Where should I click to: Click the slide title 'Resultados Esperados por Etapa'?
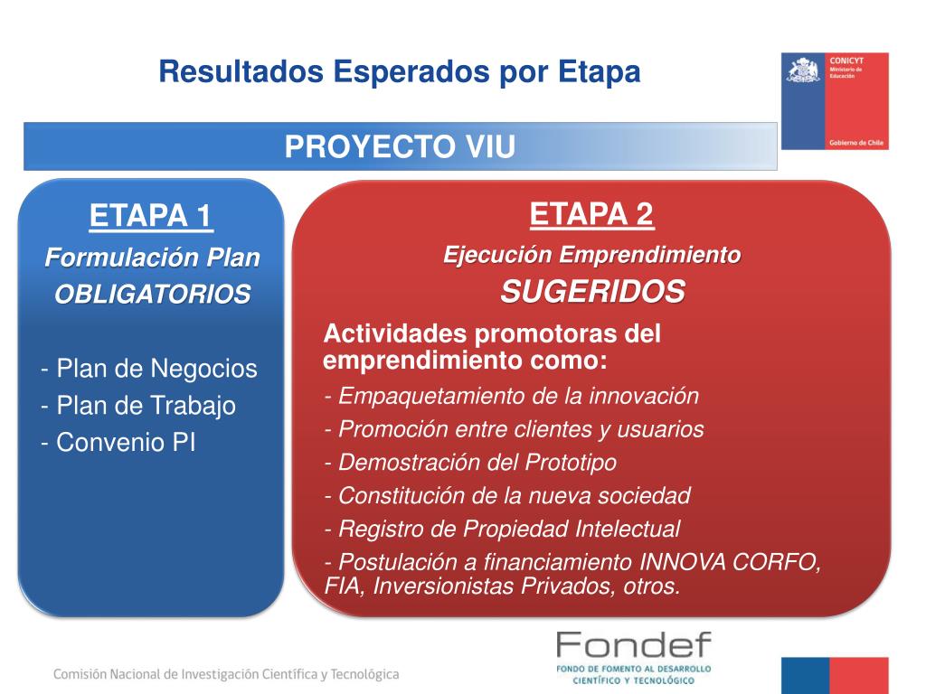(399, 72)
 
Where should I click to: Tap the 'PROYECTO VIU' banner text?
(400, 146)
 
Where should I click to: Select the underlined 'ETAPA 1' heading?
(151, 215)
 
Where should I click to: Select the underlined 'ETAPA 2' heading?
(591, 213)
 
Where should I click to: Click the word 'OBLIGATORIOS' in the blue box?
(152, 294)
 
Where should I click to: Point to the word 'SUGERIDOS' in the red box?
(592, 292)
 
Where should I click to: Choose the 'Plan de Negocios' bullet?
(149, 369)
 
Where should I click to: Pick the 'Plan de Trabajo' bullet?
(138, 406)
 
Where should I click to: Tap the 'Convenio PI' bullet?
(118, 443)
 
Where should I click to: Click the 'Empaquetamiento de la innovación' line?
(512, 396)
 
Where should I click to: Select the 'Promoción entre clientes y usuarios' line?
(514, 429)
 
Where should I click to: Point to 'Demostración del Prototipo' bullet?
(470, 463)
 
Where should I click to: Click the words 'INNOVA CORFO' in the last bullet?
(730, 562)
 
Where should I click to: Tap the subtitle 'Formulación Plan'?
(152, 258)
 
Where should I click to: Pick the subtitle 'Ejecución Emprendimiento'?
(591, 255)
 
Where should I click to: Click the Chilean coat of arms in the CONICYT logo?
(804, 70)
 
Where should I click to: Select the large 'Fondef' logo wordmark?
(634, 644)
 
